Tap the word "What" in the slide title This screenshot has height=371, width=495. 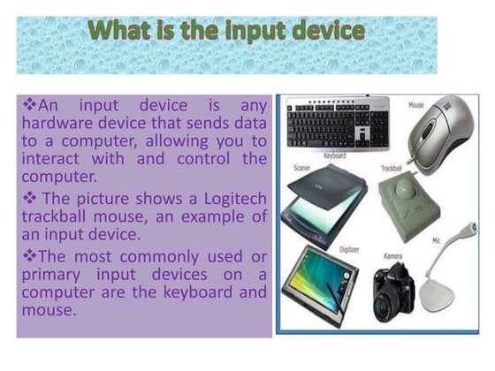click(x=119, y=30)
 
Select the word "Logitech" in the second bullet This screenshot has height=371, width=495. click(x=235, y=200)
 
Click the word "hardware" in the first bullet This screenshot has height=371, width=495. click(x=57, y=123)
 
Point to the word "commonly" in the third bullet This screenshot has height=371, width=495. click(x=159, y=257)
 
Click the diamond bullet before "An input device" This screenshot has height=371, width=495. click(x=29, y=104)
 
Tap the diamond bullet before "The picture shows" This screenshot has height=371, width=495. click(x=29, y=198)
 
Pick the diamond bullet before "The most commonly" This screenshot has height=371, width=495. click(x=29, y=255)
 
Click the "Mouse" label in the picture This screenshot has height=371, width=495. click(x=416, y=105)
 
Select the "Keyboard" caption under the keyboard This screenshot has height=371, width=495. click(x=335, y=155)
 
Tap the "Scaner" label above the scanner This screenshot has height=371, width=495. click(x=301, y=168)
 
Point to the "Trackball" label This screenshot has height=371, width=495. click(x=391, y=168)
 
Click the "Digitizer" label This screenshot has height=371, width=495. click(x=349, y=250)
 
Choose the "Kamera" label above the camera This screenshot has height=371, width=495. click(x=393, y=256)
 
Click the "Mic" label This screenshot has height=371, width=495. click(x=436, y=241)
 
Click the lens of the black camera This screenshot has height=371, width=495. click(x=385, y=306)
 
